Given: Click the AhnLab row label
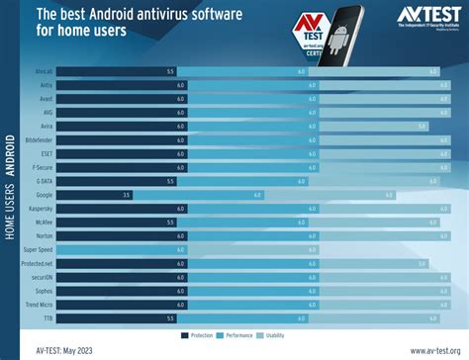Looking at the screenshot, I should coord(45,72).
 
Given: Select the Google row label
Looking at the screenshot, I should coord(45,195).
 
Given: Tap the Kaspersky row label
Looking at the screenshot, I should coord(43,209).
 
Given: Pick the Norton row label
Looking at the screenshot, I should coord(45,236).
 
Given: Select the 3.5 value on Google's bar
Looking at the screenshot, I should coord(126,195).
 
